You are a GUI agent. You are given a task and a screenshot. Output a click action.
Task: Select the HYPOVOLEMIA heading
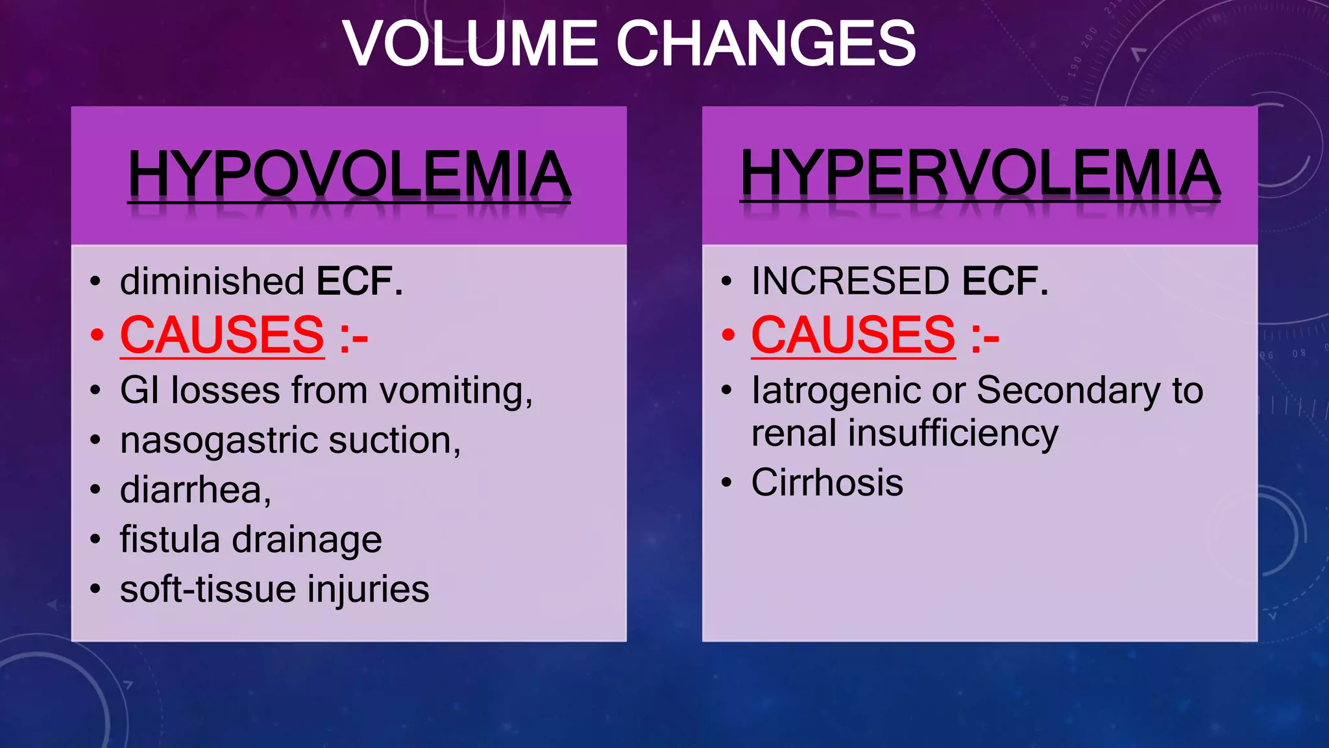pos(349,174)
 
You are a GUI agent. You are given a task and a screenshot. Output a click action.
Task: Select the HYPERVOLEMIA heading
pos(980,173)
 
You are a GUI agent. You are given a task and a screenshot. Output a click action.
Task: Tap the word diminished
pos(212,281)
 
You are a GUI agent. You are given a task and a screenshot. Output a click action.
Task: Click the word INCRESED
pos(850,281)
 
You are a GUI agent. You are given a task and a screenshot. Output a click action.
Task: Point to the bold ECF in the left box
pos(359,281)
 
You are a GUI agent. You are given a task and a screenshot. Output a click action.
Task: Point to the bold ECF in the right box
pos(1005,281)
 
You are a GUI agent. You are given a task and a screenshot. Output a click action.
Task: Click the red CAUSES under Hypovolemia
pos(222,335)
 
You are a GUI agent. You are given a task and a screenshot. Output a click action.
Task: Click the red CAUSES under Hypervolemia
pos(853,335)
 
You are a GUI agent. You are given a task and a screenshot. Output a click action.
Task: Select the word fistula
pos(170,540)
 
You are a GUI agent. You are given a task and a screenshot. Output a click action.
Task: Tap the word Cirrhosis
pos(827,482)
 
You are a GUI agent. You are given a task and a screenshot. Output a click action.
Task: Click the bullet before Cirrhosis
pos(727,483)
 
